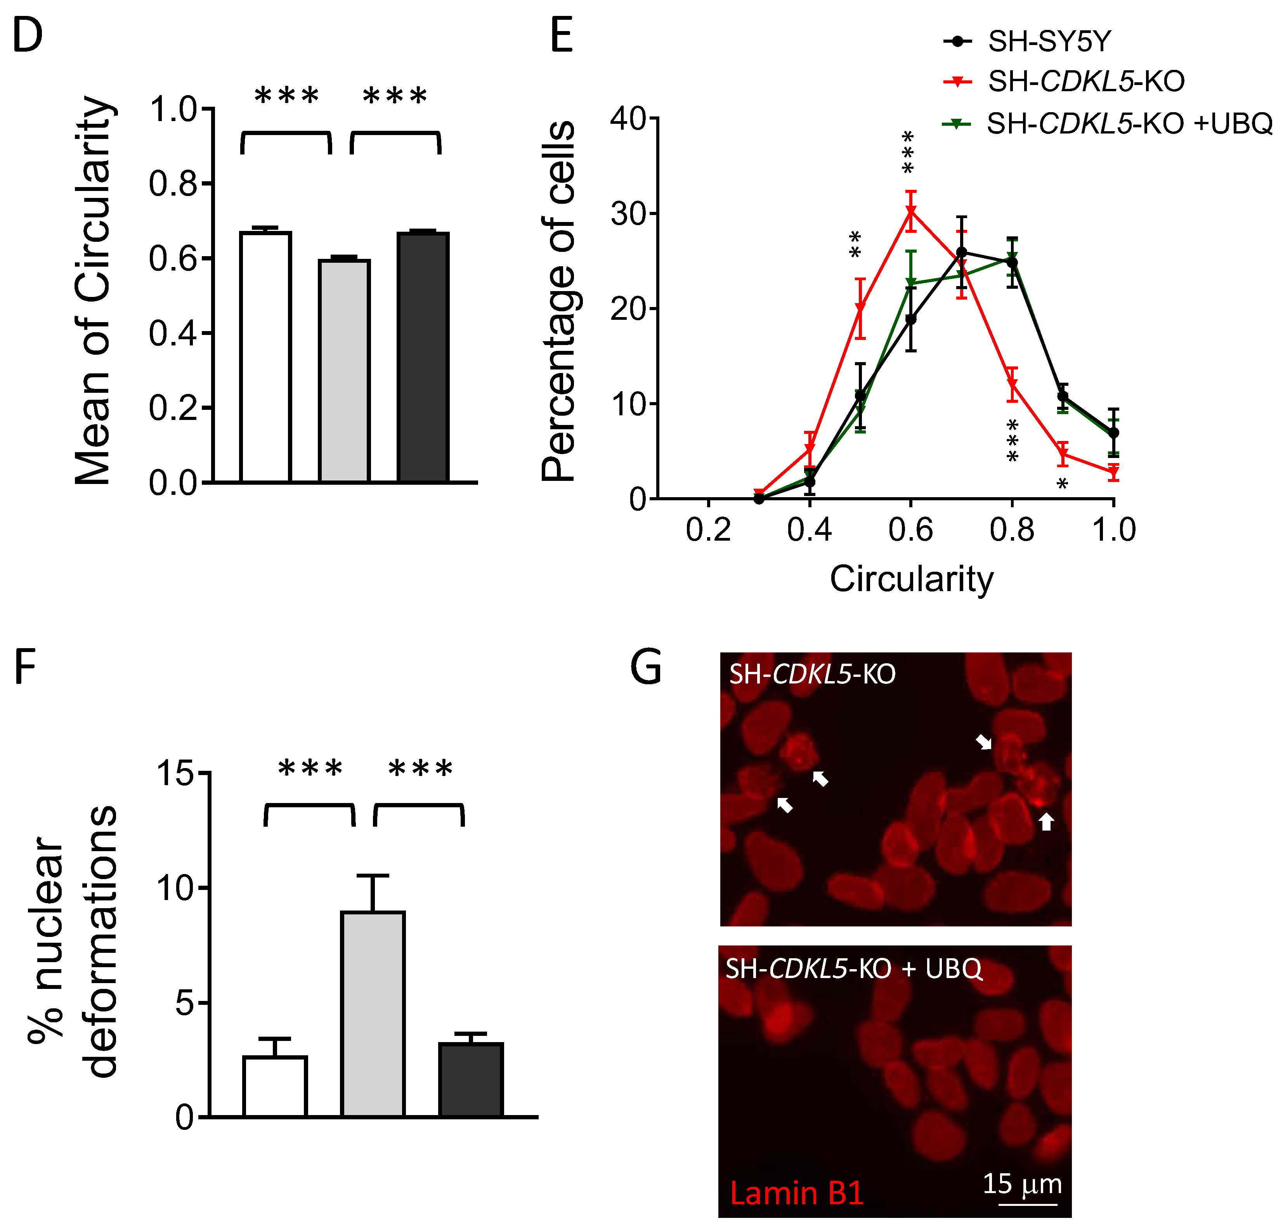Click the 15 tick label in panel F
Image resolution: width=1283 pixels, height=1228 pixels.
coord(175,774)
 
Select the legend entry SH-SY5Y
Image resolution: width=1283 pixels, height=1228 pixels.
coord(1049,42)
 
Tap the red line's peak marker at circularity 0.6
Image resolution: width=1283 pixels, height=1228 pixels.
coord(910,210)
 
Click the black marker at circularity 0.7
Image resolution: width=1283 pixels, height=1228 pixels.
coord(962,252)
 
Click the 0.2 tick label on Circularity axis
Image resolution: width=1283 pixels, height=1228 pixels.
coord(708,529)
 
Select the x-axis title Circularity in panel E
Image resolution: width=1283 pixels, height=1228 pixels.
coord(911,579)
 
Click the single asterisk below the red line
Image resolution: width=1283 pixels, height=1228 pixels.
coord(1063,484)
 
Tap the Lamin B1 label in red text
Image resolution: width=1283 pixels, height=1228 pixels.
coord(797,1193)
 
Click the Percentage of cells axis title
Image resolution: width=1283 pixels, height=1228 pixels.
coord(558,301)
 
